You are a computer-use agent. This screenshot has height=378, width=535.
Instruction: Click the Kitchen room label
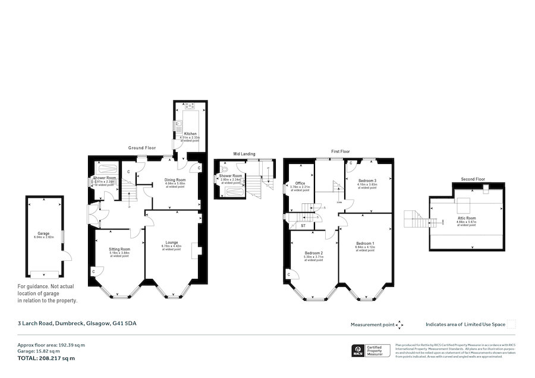190,134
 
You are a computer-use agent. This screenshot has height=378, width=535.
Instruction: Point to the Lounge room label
172,242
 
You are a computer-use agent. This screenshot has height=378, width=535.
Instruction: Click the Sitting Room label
119,249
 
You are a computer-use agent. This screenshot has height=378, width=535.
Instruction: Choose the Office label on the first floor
300,183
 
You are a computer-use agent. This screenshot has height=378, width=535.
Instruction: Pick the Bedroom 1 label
365,244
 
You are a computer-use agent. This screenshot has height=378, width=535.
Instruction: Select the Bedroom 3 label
367,180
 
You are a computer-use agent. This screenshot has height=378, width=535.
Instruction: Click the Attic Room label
467,218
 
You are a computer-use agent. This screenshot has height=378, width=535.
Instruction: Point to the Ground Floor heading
142,147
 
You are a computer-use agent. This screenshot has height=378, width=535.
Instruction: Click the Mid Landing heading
244,154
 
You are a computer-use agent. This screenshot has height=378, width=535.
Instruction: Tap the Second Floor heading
473,179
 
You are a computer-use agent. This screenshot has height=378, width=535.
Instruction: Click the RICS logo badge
358,351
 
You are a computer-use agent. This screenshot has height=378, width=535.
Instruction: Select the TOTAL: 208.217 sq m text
46,358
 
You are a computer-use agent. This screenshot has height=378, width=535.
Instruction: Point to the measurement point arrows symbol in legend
400,325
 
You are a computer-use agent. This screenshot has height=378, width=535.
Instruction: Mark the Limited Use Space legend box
511,324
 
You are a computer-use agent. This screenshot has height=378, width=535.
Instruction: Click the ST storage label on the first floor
303,226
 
